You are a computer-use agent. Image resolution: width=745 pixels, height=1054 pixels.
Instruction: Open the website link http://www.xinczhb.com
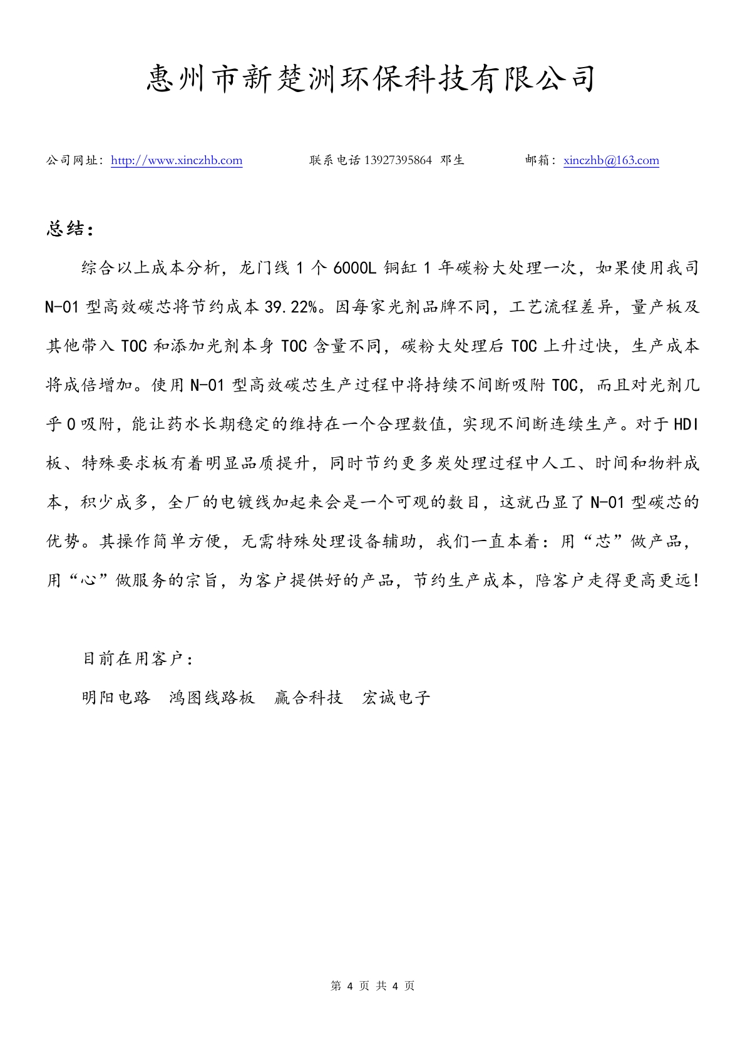[177, 160]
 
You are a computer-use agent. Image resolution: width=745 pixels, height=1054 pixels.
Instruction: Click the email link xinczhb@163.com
[611, 160]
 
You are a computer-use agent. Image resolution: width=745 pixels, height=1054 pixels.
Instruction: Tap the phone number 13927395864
[398, 160]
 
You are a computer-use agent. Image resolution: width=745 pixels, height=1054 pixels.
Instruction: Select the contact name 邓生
[453, 160]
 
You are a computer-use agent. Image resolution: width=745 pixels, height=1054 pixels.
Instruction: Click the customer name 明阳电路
[116, 698]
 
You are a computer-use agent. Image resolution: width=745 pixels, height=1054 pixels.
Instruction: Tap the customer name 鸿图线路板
[212, 698]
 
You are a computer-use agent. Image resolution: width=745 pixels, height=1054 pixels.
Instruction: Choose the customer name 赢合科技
[309, 698]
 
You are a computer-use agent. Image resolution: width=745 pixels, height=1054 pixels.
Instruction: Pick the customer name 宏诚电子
[396, 698]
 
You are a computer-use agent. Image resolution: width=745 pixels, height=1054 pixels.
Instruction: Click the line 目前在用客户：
[138, 659]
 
